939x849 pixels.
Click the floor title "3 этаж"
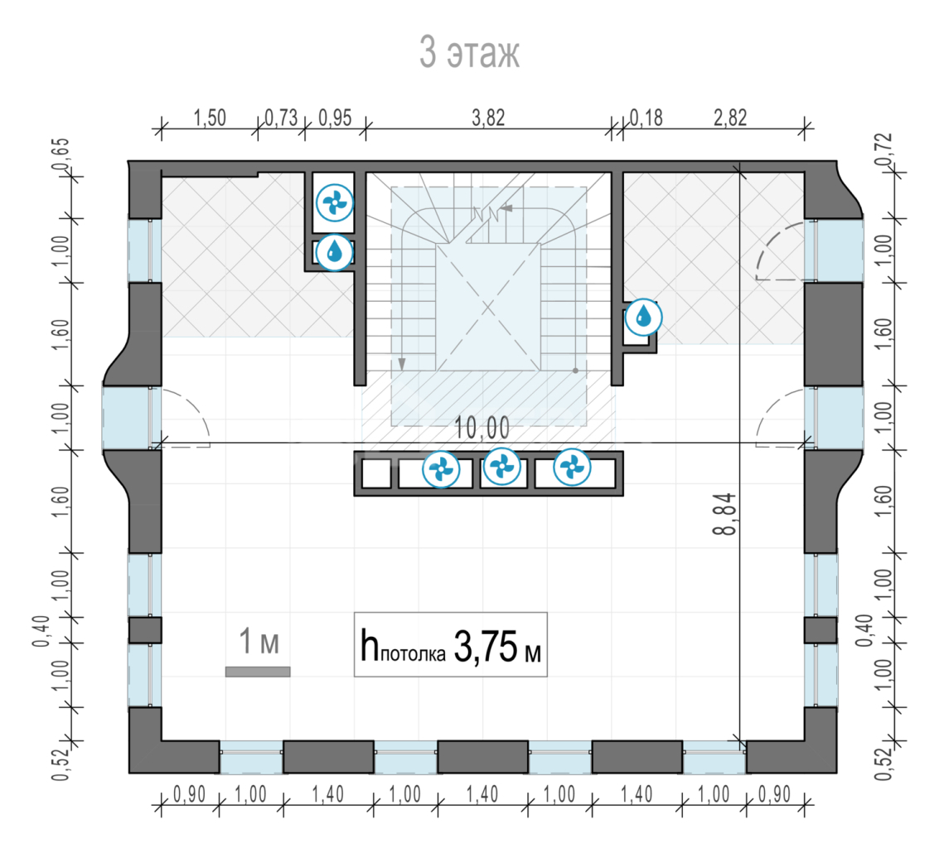469,52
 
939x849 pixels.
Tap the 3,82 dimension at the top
488,118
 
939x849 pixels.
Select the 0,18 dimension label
646,118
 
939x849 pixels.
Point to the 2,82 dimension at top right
730,118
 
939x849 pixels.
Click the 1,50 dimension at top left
210,118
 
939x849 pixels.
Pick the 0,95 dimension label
335,118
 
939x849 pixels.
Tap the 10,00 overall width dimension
482,428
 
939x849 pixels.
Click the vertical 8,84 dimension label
725,513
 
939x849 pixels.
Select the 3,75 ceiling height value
486,646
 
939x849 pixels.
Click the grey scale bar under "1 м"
258,672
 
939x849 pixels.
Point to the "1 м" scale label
259,641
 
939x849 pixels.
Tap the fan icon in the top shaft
335,203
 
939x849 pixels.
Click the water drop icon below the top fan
335,252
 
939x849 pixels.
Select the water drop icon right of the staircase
644,317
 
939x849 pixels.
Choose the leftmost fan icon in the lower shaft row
442,469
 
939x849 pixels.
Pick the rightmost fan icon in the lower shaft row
572,467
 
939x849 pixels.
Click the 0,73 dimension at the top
281,118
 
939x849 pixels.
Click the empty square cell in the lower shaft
377,473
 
